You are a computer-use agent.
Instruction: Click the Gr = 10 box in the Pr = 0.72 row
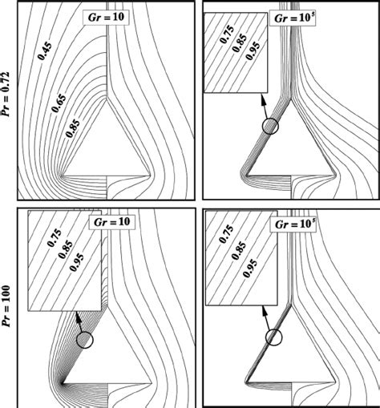coord(110,15)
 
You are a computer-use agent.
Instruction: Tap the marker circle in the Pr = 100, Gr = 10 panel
coord(86,339)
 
